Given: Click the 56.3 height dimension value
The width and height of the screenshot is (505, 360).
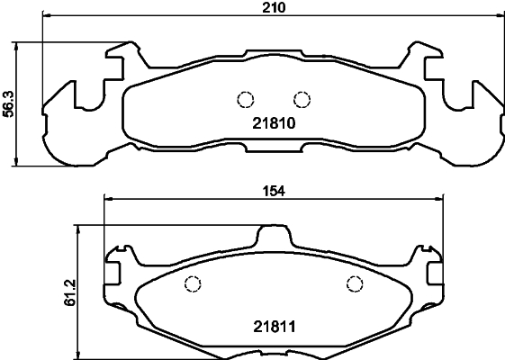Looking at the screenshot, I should click(9, 103).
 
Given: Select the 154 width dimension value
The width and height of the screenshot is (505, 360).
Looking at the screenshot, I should click(274, 190).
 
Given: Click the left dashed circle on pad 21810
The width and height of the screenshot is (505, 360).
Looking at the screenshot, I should click(243, 100).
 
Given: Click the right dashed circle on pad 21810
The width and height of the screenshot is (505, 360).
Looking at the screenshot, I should click(302, 100).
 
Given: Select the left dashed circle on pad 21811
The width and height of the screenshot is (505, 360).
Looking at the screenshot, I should click(192, 285).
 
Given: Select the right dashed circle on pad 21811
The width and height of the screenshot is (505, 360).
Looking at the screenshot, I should click(355, 285).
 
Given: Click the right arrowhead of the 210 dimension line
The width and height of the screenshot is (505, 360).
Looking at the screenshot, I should click(498, 17).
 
